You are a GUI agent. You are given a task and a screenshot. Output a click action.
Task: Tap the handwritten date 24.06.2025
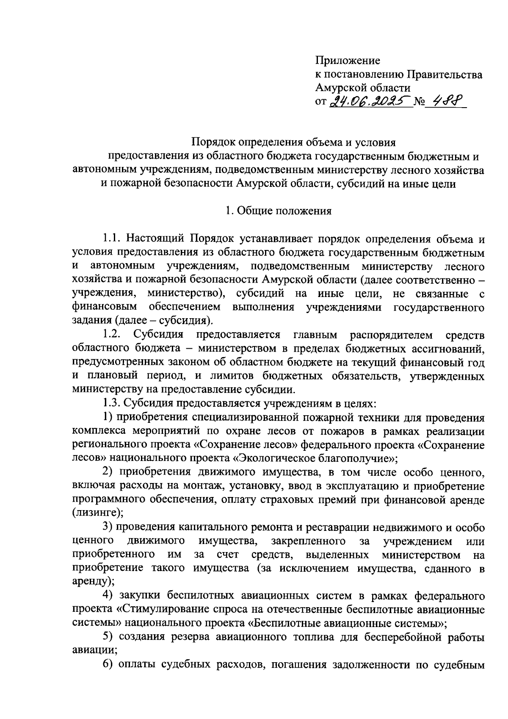(371, 102)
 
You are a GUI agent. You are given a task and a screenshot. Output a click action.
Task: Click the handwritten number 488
(446, 101)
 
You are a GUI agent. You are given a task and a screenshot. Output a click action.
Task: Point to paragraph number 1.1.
(113, 239)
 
